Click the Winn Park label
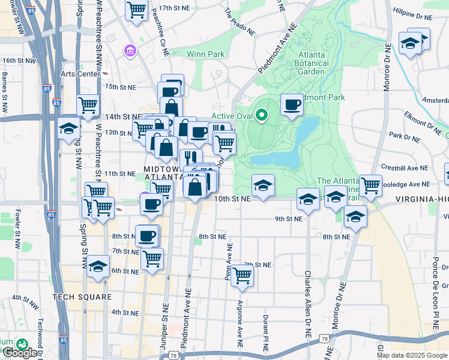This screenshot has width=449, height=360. point(205,54)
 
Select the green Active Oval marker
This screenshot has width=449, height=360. point(261,114)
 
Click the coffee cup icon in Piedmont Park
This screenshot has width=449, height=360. point(292,104)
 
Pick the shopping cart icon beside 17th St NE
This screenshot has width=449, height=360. point(136,10)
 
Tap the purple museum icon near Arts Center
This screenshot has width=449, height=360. point(129,53)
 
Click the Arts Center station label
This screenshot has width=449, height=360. point(80,74)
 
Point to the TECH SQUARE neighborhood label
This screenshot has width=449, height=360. point(82,297)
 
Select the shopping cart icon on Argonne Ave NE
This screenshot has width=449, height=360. point(242,275)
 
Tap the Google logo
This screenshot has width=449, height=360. point(19,353)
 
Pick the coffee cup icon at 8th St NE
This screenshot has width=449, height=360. point(146,235)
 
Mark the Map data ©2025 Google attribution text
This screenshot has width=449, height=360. point(412,355)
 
